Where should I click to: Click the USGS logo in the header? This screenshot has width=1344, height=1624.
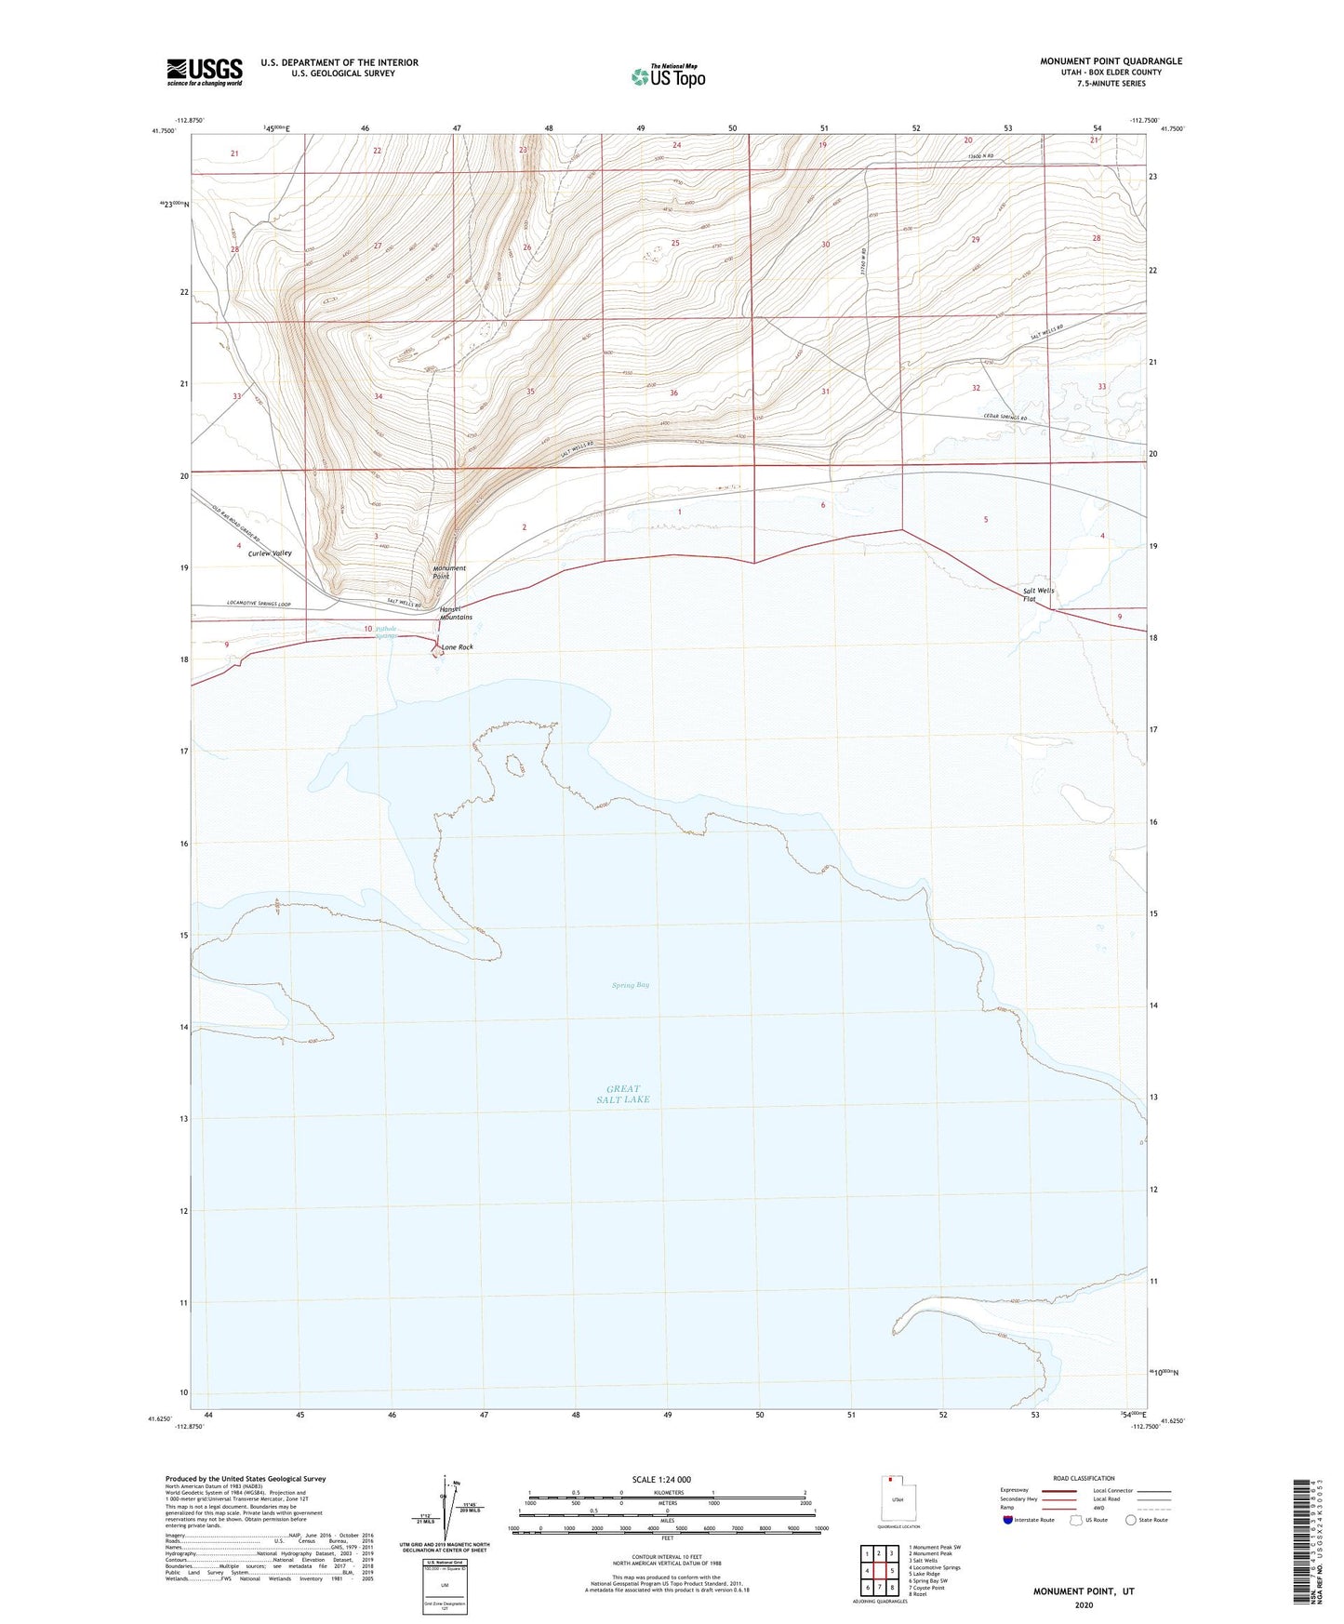(x=205, y=72)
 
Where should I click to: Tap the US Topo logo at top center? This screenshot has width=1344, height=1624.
(x=667, y=75)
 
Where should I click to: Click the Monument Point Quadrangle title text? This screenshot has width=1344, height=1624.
(x=1111, y=61)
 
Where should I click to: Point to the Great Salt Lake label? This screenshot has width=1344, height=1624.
(x=623, y=1094)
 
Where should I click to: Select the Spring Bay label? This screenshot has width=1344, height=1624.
(x=630, y=985)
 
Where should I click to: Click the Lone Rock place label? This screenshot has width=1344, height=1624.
(x=457, y=647)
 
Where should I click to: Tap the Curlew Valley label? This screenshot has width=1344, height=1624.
(x=270, y=553)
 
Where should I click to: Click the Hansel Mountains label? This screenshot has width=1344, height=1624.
(x=456, y=613)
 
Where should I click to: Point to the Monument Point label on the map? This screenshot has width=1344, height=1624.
(x=449, y=572)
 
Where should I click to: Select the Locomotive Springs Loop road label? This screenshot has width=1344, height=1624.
(x=259, y=605)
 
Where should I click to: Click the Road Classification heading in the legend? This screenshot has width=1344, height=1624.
(x=1083, y=1478)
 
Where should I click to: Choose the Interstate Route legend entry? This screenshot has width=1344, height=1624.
(x=1029, y=1520)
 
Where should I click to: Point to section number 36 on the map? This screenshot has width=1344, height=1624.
(x=673, y=393)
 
